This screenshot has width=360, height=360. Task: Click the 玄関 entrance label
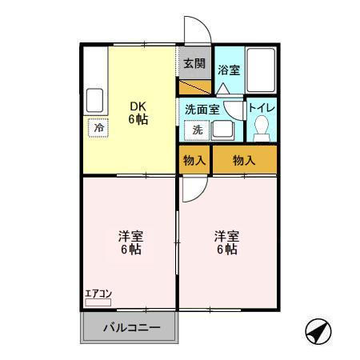[193, 63]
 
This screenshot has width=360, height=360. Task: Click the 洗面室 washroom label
[200, 108]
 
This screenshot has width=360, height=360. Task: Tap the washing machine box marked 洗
[196, 130]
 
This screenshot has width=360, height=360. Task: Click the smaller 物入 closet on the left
[194, 160]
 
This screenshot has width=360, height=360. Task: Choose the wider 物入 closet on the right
[244, 160]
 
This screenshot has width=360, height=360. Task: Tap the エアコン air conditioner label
[98, 293]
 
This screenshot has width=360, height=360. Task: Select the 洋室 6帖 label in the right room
[225, 242]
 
